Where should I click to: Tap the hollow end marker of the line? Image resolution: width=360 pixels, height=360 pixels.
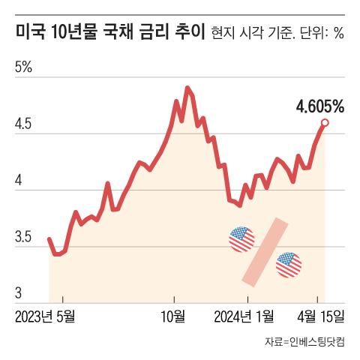pos(325,122)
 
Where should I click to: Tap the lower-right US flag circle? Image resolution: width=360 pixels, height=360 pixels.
pos(289,265)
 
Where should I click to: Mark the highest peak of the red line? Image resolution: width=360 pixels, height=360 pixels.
pos(187,88)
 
